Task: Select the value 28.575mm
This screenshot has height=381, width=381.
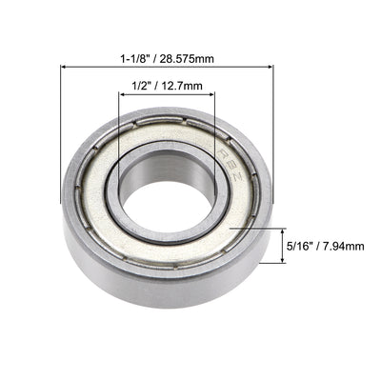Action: coord(187,58)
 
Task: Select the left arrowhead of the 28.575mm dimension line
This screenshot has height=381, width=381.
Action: coord(65,68)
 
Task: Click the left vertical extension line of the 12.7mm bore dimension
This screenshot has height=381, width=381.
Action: coord(119,133)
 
